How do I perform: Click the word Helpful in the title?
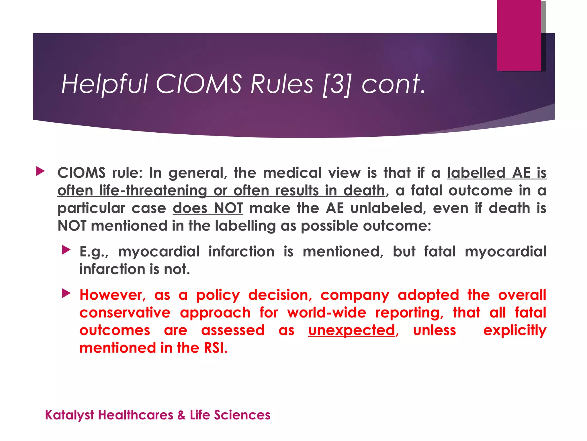104,84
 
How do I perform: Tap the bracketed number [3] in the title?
336,85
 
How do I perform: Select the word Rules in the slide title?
282,84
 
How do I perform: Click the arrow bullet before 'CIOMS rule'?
40,172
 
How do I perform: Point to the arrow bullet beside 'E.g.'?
66,250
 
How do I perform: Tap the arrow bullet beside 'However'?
66,293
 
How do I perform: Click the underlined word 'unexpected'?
352,330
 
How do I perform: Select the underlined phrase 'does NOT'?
208,208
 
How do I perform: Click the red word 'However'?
112,295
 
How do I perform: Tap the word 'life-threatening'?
153,191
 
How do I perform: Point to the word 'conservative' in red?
125,313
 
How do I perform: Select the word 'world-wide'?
327,313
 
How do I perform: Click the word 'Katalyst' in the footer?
70,415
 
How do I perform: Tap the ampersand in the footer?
181,415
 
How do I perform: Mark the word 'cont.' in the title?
393,84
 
